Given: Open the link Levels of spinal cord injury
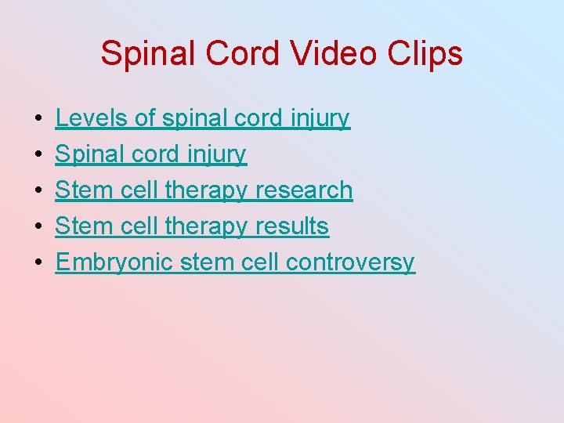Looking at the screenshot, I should tap(202, 118).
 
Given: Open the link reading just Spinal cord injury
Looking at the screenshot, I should tap(150, 154).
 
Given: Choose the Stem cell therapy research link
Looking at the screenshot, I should tap(204, 190).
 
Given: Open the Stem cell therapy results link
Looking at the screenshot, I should tap(192, 226).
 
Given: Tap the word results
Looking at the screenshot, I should tap(291, 226).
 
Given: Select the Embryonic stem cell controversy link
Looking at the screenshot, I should tap(235, 262).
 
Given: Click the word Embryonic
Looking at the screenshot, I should tap(114, 262).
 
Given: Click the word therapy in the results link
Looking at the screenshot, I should tap(208, 227).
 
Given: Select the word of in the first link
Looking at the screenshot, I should tap(145, 118).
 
